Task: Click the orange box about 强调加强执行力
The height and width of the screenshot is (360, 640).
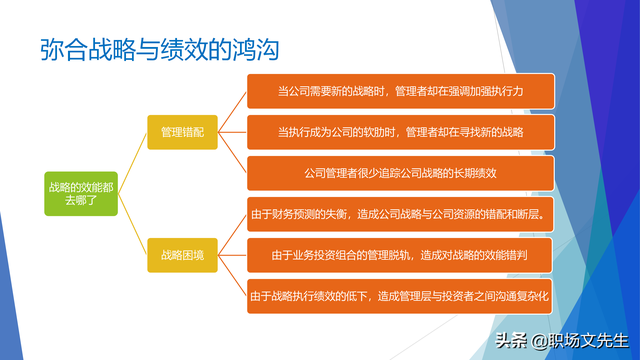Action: coord(400,91)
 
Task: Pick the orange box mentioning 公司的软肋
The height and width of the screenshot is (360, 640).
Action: coord(400,131)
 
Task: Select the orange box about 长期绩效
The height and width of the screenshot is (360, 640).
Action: coord(400,172)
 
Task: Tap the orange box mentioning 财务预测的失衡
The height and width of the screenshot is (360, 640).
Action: coord(400,213)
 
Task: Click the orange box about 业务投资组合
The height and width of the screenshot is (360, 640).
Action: coord(400,255)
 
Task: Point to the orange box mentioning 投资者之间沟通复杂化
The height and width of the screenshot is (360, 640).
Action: coord(400,296)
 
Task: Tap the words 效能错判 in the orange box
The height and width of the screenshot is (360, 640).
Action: coord(499,255)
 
